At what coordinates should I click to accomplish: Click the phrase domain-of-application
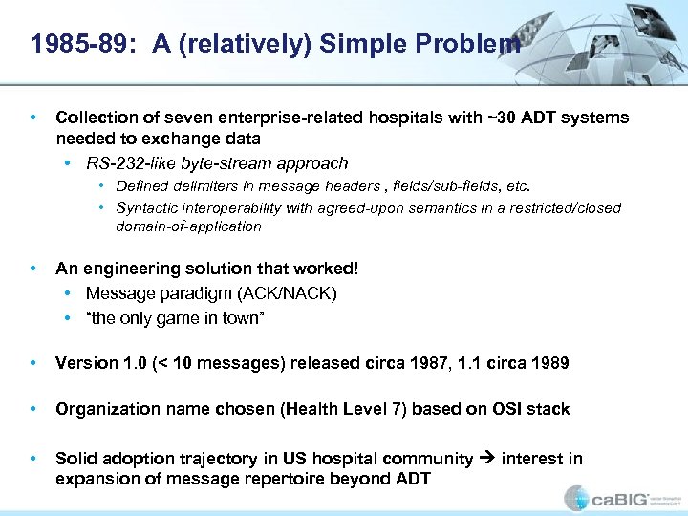[x=188, y=226]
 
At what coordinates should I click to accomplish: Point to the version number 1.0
[x=127, y=363]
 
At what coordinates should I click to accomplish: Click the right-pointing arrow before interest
[x=488, y=459]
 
